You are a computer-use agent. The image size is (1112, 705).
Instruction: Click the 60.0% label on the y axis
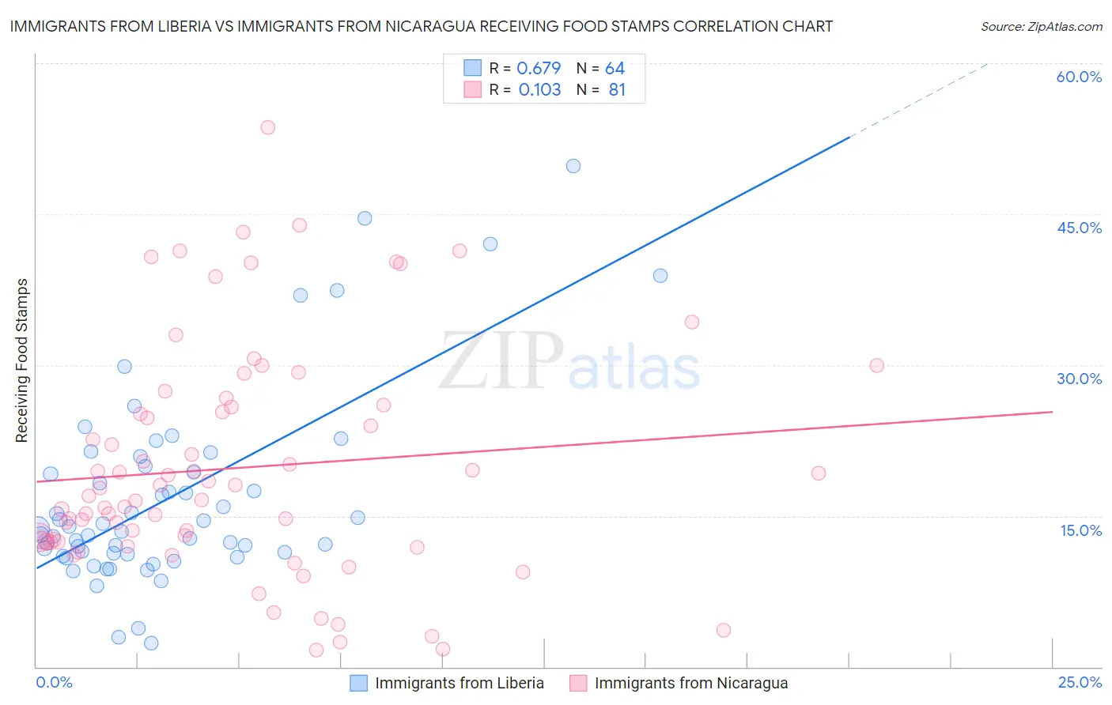pos(1079,77)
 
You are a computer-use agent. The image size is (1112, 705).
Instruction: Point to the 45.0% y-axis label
pos(1079,228)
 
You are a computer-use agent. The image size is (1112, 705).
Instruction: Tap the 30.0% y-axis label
pos(1079,379)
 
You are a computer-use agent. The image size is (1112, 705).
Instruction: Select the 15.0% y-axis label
pos(1080,530)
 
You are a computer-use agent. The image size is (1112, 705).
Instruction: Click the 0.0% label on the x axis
pos(54,682)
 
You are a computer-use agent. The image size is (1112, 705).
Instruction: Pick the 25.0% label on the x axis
pos(1080,682)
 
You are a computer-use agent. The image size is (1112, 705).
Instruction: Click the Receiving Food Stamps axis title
pos(21,360)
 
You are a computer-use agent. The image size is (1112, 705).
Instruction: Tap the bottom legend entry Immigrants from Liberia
pos(459,683)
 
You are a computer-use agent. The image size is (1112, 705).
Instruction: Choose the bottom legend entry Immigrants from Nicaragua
pos(690,683)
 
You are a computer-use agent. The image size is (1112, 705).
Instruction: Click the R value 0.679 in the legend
pos(539,69)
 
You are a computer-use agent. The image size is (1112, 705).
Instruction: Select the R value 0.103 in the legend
pos(539,90)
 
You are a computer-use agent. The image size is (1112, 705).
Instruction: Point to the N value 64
pos(615,69)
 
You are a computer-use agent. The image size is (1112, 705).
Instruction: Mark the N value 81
pos(617,90)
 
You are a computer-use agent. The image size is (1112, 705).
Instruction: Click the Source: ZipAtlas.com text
pos(1041,26)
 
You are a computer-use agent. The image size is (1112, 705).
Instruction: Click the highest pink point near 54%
pos(268,127)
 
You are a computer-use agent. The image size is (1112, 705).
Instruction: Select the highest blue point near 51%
pos(573,166)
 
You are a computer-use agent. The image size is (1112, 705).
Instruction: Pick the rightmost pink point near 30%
pos(876,365)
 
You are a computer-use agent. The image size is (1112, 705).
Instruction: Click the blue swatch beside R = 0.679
pos(472,68)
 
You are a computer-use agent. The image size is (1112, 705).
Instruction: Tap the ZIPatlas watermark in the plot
pos(569,362)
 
